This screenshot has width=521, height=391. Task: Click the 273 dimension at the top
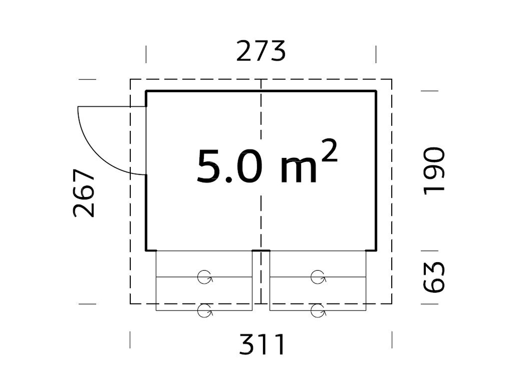[261, 51]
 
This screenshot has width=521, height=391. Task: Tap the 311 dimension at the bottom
[262, 345]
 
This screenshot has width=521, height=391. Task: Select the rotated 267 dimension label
[84, 193]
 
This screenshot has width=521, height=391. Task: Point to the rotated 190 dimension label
[434, 171]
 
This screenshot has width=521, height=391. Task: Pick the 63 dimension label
[434, 277]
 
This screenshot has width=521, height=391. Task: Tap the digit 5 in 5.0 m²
[209, 166]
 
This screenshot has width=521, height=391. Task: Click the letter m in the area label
[299, 171]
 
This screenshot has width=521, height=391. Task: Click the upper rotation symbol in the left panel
[205, 277]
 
